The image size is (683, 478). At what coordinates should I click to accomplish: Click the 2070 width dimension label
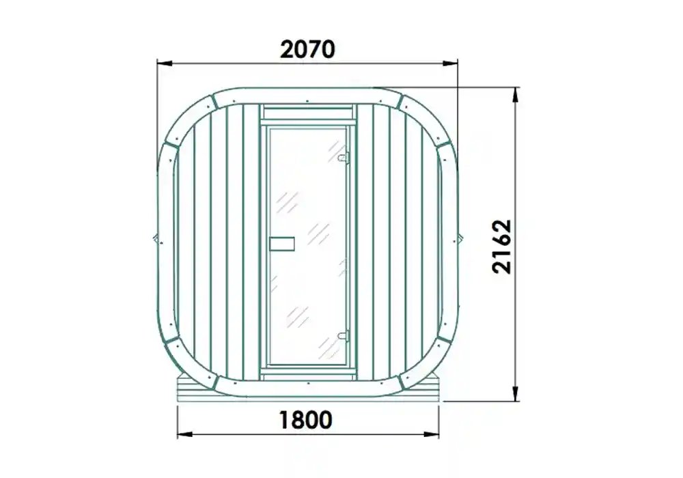pos(308,49)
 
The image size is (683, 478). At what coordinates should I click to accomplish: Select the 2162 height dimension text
pos(502,247)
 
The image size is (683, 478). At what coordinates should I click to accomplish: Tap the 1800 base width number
pos(305,419)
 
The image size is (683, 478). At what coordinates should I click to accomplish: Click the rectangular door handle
pos(281,242)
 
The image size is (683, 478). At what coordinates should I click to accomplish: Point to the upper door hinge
pos(344,156)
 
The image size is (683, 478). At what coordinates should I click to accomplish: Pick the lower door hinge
pos(344,335)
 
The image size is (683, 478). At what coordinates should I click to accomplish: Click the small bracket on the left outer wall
pos(156,238)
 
